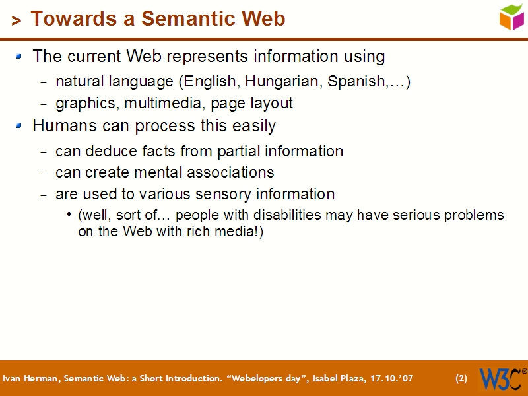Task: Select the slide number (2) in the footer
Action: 461,379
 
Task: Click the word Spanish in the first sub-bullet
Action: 356,82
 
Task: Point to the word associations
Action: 230,173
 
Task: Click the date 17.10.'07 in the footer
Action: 390,379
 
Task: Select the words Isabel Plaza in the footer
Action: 333,379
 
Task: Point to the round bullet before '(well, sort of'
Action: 70,215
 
